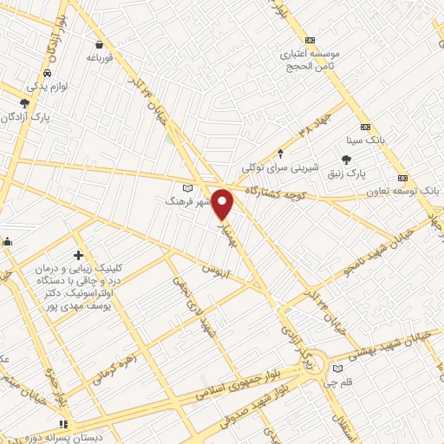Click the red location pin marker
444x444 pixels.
click(x=223, y=204)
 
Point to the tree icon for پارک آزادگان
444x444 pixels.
click(x=24, y=103)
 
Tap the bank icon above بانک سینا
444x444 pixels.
click(x=365, y=126)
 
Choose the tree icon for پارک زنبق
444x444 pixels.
click(x=347, y=159)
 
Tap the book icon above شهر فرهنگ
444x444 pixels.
click(x=188, y=186)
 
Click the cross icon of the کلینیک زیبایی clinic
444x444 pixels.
click(x=79, y=256)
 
